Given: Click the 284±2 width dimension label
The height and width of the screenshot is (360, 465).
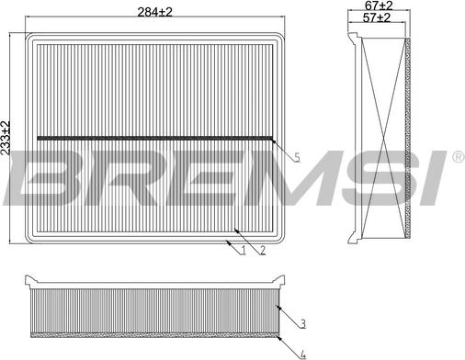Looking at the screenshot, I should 154,11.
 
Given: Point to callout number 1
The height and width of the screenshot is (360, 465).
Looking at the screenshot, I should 242,250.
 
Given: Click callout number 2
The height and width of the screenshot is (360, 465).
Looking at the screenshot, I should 262,250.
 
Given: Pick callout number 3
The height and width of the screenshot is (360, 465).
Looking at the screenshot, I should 302,322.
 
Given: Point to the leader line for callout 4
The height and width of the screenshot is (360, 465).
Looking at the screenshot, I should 289,342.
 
